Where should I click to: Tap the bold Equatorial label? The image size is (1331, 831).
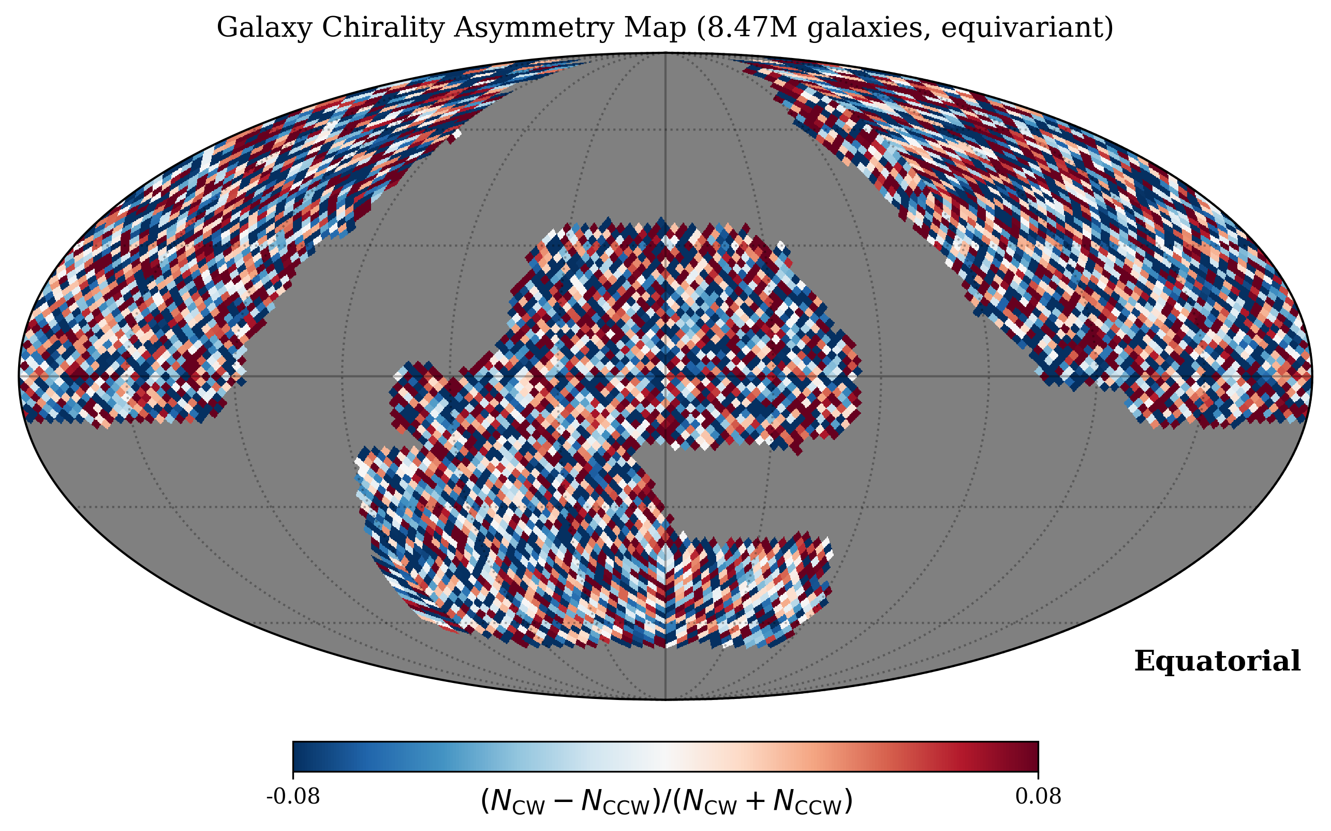pyautogui.click(x=1217, y=661)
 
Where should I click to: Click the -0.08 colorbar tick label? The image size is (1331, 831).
pyautogui.click(x=293, y=796)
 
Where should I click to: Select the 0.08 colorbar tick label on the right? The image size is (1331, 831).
pyautogui.click(x=1038, y=796)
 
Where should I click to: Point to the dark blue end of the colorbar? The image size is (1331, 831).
pyautogui.click(x=300, y=756)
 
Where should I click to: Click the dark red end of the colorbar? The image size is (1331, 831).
pyautogui.click(x=1031, y=756)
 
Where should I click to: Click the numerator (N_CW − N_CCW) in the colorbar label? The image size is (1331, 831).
pyautogui.click(x=569, y=801)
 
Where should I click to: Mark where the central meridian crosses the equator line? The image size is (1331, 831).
pyautogui.click(x=665, y=376)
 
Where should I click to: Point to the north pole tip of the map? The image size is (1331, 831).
pyautogui.click(x=665, y=53)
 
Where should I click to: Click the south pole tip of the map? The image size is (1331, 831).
pyautogui.click(x=665, y=699)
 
